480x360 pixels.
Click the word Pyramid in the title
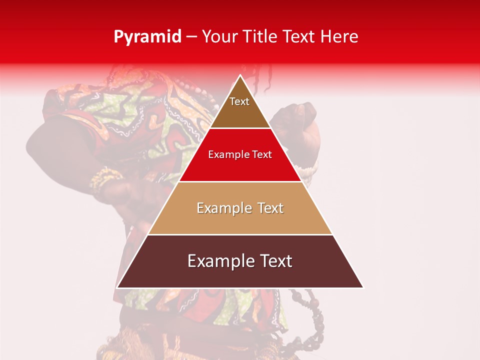(x=147, y=37)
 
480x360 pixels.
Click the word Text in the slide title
(x=301, y=37)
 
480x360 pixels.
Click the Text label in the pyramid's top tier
(x=239, y=101)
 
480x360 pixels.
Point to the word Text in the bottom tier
(x=272, y=261)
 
